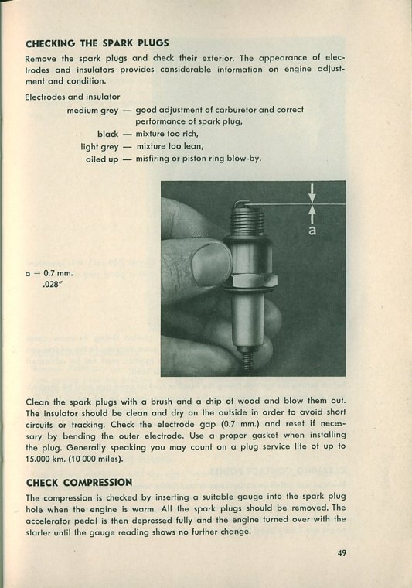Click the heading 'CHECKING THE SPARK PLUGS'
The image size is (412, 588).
[x=97, y=43]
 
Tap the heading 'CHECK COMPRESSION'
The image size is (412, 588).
[x=79, y=482]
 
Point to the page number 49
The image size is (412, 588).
[x=341, y=552]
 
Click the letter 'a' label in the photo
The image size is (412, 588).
[x=312, y=231]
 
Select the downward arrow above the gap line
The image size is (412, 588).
[x=312, y=192]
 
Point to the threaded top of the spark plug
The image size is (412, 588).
[x=245, y=220]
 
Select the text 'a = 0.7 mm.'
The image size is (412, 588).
[x=49, y=273]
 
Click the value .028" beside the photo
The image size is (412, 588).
[x=52, y=284]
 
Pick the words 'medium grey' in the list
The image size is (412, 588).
[x=93, y=111]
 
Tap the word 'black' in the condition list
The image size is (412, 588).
[x=108, y=134]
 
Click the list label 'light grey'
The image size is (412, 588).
[x=100, y=147]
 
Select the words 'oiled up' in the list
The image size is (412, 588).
[x=102, y=159]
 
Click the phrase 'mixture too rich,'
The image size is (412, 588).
[x=167, y=134]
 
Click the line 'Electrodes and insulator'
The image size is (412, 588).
[x=73, y=97]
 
